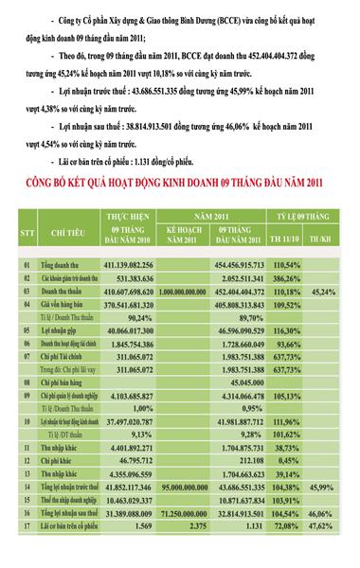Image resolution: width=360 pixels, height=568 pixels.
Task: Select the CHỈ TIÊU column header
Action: point(65,231)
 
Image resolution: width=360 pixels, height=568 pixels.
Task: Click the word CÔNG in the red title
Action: point(56,180)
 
